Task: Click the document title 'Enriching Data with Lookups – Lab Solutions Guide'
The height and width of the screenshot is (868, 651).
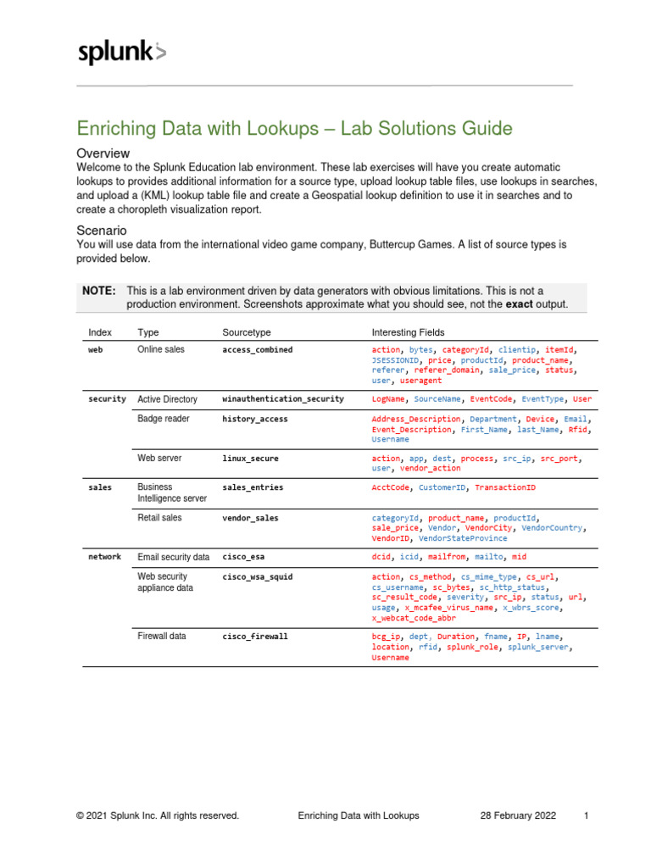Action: click(x=294, y=129)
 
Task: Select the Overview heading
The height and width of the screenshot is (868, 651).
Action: click(x=103, y=153)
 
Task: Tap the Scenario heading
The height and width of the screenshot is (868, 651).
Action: click(x=102, y=230)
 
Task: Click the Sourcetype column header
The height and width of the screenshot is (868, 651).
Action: click(x=247, y=332)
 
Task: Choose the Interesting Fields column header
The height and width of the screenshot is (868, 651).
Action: click(x=408, y=332)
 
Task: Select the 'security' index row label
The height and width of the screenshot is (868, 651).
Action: click(x=107, y=398)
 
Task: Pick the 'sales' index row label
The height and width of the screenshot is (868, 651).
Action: click(x=98, y=487)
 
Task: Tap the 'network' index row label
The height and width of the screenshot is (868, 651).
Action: click(x=104, y=557)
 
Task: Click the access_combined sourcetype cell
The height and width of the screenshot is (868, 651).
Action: click(x=257, y=349)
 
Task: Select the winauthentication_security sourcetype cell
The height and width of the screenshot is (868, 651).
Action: click(x=282, y=398)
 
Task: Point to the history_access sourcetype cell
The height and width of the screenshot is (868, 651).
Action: click(x=254, y=419)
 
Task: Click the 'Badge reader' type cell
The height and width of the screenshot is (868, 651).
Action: click(x=163, y=419)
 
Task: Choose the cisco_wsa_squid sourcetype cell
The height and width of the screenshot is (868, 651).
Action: click(x=257, y=576)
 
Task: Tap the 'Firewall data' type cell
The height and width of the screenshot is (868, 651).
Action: click(x=161, y=636)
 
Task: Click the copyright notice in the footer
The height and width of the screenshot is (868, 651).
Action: click(x=157, y=815)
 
